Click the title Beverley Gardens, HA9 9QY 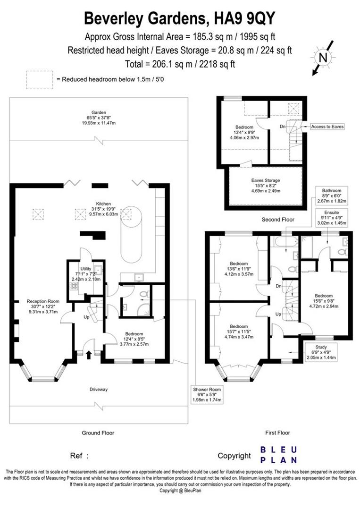pos(179,18)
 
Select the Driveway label pos(99,390)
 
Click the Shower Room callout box pos(207,394)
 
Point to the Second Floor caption pos(278,220)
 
